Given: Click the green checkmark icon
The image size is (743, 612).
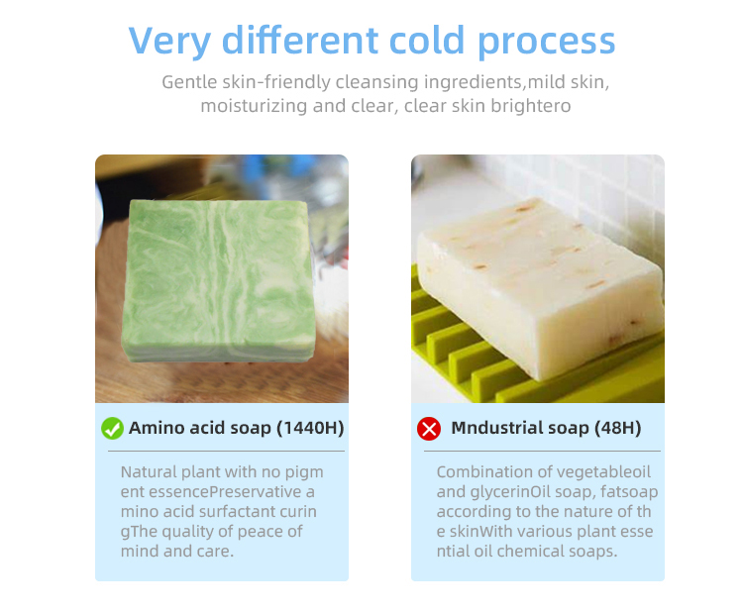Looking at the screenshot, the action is [x=112, y=428].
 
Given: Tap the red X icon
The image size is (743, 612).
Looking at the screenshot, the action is [x=429, y=429].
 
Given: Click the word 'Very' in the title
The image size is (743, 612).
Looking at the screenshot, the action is [x=169, y=42].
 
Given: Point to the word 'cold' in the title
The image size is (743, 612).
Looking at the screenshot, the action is [x=426, y=40].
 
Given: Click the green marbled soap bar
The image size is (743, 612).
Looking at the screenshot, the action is [x=219, y=281].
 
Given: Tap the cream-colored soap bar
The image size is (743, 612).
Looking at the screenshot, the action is [x=540, y=285].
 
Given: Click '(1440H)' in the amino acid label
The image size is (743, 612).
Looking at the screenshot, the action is [x=310, y=428].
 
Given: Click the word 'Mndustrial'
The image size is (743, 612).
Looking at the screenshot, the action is [x=496, y=427].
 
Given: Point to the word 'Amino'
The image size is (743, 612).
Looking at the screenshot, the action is [x=157, y=428].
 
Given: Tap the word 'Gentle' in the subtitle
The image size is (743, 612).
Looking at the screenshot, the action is [x=189, y=82].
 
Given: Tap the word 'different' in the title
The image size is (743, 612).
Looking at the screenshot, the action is [x=300, y=40].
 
